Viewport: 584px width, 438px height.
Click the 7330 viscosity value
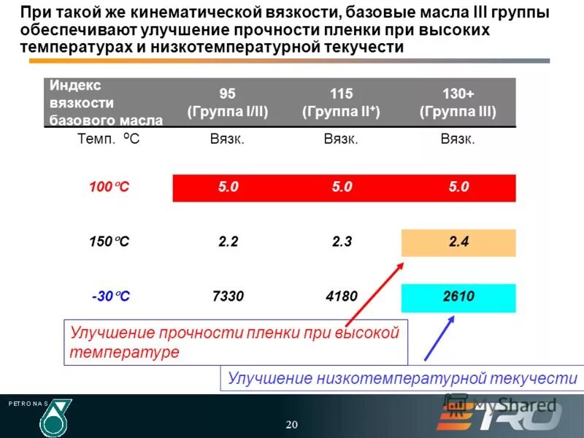pyautogui.click(x=228, y=297)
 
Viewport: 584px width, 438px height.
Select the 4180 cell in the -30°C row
pyautogui.click(x=341, y=297)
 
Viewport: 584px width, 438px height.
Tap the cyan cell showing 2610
pyautogui.click(x=458, y=297)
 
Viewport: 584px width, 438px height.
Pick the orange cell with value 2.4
pyautogui.click(x=458, y=242)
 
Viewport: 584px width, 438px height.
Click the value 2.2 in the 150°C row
pyautogui.click(x=228, y=242)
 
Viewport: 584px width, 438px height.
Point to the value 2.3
pyautogui.click(x=341, y=242)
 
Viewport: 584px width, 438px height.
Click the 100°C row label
pyautogui.click(x=109, y=188)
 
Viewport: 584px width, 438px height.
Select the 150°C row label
pyautogui.click(x=109, y=242)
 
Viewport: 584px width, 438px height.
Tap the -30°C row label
pyautogui.click(x=110, y=297)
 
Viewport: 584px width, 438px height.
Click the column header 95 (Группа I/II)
pyautogui.click(x=228, y=103)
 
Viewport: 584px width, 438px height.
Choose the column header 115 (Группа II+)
pyautogui.click(x=341, y=103)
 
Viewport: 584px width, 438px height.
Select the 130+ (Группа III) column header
pyautogui.click(x=458, y=103)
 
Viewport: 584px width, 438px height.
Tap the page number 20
pyautogui.click(x=292, y=425)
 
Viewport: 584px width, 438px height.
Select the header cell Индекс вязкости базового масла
pyautogui.click(x=106, y=103)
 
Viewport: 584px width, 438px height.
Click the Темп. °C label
pyautogui.click(x=108, y=139)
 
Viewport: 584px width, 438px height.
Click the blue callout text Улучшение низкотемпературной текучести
pyautogui.click(x=402, y=378)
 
